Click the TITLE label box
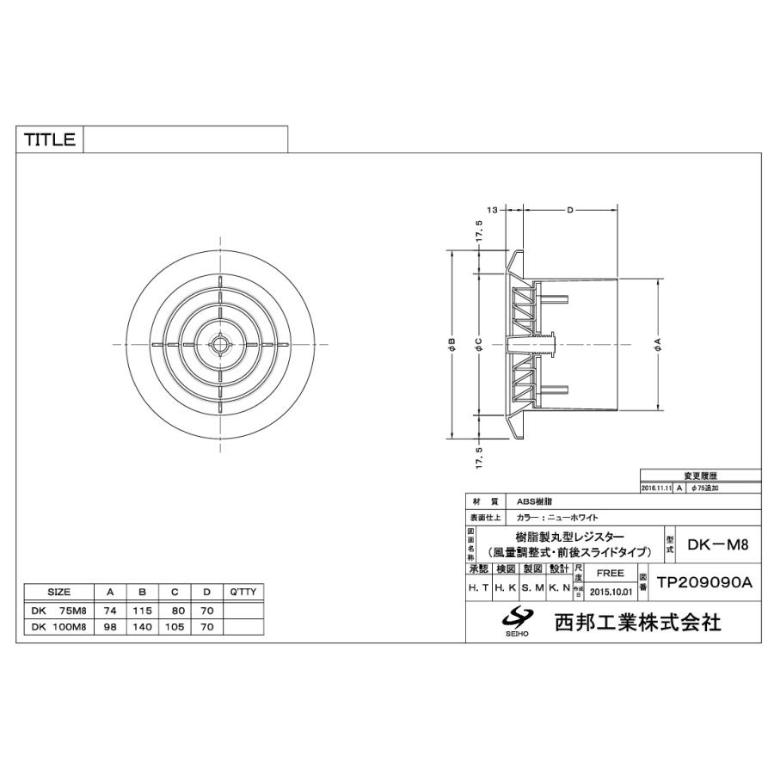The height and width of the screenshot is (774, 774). click(x=49, y=140)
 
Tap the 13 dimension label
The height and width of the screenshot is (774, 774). click(x=493, y=210)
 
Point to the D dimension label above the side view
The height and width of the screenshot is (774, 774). click(x=569, y=210)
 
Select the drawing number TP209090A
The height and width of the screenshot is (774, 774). click(x=704, y=582)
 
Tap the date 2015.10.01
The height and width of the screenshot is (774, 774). click(x=611, y=592)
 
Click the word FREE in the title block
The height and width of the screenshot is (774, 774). click(x=610, y=572)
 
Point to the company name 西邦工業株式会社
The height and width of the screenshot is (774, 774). click(x=637, y=622)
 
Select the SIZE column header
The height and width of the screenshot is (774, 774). click(x=58, y=593)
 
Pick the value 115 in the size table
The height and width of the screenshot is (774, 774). click(x=142, y=610)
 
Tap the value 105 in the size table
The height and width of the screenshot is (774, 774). click(x=175, y=627)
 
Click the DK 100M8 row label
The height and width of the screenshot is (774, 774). click(x=58, y=627)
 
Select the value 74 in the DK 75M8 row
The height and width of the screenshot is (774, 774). click(x=110, y=610)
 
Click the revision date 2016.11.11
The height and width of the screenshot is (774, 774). click(x=658, y=488)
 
